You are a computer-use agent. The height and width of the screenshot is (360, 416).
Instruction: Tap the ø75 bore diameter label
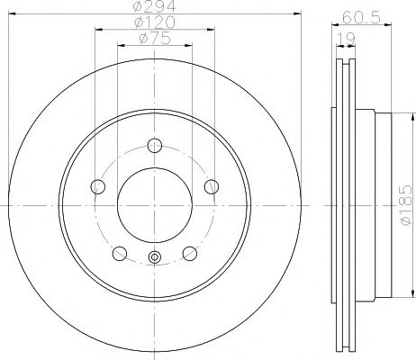tap(154, 40)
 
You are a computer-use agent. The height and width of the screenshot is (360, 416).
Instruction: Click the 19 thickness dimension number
tap(344, 39)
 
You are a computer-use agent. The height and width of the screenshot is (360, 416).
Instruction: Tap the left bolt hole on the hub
tap(98, 186)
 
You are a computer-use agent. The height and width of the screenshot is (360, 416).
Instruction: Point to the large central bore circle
tap(154, 204)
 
